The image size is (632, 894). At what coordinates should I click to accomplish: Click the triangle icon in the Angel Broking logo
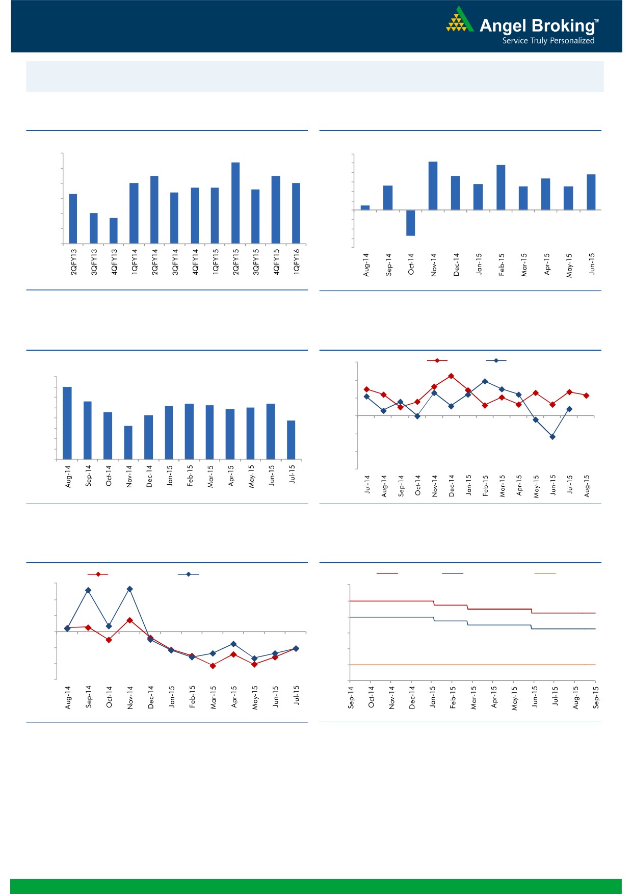460,20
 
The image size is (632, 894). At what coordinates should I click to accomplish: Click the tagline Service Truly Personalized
548,41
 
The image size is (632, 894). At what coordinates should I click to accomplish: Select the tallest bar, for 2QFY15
235,202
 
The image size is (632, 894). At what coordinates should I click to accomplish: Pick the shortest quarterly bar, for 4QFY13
114,230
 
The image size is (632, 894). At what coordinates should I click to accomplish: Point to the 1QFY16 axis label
297,262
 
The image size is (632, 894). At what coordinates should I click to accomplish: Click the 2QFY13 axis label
74,262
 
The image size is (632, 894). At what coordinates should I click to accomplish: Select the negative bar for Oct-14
411,223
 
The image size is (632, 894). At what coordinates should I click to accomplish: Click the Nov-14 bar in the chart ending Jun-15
433,186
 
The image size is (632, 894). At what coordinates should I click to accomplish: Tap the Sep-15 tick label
596,697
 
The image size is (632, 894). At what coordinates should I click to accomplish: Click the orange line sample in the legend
544,573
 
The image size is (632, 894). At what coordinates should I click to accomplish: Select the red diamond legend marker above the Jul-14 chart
437,361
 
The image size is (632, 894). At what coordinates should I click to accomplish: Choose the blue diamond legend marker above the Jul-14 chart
496,361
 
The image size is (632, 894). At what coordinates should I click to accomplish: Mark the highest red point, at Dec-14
451,376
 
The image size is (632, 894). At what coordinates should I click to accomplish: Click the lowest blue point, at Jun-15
552,437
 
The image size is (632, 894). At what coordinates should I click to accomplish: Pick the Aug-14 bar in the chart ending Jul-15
67,423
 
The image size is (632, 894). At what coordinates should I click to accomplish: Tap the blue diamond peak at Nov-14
130,589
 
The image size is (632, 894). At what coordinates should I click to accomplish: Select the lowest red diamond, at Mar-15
213,666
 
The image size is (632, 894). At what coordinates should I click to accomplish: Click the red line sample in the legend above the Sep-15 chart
387,573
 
